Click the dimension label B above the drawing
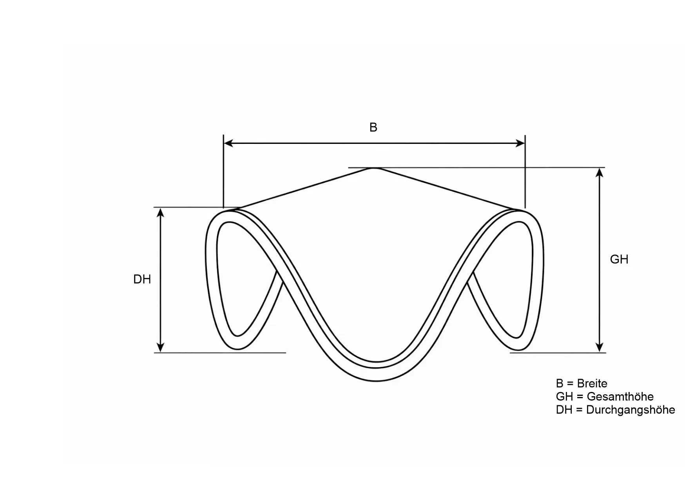coord(373,127)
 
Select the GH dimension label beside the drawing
coord(619,259)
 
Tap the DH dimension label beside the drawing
coord(142,279)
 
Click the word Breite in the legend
coord(592,383)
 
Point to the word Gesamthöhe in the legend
coord(620,397)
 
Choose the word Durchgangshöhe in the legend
coord(631,410)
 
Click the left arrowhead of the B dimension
coord(228,143)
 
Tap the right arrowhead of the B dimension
coord(520,143)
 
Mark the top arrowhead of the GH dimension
coord(599,172)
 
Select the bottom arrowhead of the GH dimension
coord(599,348)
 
